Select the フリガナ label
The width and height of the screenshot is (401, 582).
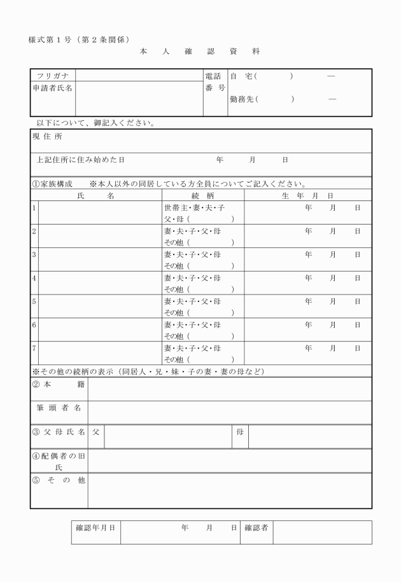pos(53,76)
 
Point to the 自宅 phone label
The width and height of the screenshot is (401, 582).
pos(242,76)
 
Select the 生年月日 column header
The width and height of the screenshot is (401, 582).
pos(307,196)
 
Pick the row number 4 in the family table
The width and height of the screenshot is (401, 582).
pos(34,278)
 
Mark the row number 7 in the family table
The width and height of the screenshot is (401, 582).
pos(34,348)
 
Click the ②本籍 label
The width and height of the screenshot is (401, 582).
pos(59,384)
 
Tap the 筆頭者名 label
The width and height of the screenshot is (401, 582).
pos(59,407)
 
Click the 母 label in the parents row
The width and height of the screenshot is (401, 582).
pos(240,432)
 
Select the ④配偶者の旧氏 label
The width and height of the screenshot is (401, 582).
pos(59,461)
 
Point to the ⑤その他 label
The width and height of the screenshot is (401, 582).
pos(59,480)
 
